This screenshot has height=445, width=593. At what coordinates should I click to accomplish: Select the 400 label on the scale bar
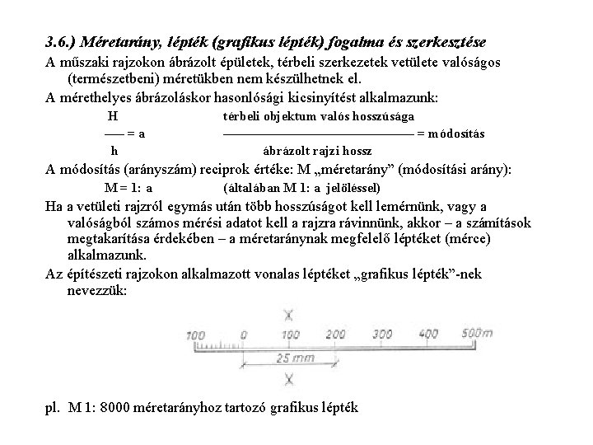[429, 334]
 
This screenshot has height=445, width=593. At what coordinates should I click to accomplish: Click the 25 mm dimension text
[294, 358]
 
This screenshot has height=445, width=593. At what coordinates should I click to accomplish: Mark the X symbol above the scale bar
[288, 314]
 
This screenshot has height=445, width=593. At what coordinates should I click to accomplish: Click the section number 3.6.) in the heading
[63, 40]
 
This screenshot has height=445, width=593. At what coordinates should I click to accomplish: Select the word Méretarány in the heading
[123, 40]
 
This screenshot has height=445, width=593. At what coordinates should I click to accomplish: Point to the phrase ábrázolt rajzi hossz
[317, 151]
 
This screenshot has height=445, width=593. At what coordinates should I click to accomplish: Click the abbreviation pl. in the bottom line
[54, 409]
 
